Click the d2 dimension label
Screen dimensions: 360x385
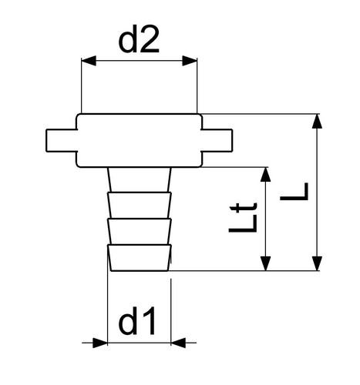pos(139,39)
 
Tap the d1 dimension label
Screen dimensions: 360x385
pos(136,320)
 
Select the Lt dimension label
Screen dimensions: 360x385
pos(243,218)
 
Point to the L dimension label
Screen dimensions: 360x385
pos(294,192)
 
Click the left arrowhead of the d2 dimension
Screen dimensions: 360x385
pos(89,61)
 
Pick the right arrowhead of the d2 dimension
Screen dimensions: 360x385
pos(190,61)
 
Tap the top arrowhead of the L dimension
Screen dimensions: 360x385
pos(317,121)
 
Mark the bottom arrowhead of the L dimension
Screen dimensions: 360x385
pos(317,263)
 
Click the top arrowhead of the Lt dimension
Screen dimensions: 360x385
pos(265,175)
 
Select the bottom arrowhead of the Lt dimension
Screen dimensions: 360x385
pos(265,263)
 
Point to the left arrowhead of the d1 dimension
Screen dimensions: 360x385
pos(100,343)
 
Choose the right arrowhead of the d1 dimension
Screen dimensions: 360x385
pos(178,343)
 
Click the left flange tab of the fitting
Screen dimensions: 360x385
pos(62,141)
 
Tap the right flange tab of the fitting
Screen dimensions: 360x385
pos(217,141)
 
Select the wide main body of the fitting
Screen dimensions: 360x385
pos(139,140)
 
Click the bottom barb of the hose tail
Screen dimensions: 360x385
pos(140,258)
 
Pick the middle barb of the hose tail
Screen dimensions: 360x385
pos(140,231)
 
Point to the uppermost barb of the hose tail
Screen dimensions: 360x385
pos(140,205)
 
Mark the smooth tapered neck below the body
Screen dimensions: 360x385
pos(140,179)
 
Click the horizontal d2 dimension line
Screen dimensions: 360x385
pos(139,61)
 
